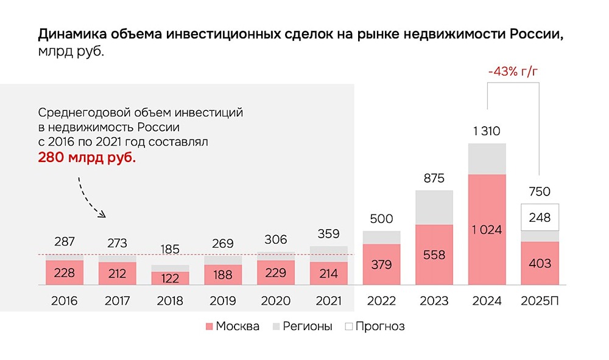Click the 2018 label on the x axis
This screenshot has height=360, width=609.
170,301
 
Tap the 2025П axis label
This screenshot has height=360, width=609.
540,301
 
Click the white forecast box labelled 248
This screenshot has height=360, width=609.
540,217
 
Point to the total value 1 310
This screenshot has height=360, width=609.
487,130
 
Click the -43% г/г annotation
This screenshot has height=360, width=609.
513,71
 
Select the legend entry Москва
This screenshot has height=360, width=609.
231,326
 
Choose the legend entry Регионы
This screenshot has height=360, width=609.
304,326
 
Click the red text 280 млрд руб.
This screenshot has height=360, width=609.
87,157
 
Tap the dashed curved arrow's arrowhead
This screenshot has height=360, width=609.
102,214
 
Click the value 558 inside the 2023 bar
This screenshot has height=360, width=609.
434,255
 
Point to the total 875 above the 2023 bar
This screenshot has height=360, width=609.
434,178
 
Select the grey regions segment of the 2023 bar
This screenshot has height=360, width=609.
434,207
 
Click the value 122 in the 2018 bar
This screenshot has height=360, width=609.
170,278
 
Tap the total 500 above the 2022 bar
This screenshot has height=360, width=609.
381,219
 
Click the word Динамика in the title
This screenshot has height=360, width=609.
68,34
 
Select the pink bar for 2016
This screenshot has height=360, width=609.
65,272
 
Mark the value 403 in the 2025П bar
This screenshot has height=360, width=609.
540,263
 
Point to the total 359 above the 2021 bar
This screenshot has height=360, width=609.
329,234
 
